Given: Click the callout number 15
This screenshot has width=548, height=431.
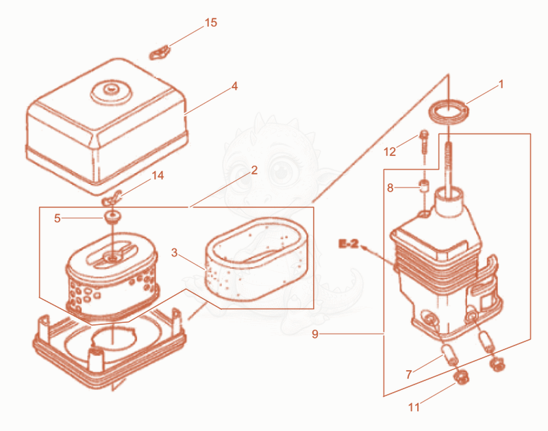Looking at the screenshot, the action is coord(211,23).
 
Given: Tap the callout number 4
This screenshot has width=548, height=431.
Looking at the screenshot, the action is coord(234,86).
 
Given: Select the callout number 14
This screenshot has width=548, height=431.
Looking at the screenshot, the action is coord(158,175).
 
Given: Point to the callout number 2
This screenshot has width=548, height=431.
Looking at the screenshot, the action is coord(254,170).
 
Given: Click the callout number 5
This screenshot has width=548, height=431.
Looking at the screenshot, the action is coord(58,218).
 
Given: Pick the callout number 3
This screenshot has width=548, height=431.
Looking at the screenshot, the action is coord(175,252).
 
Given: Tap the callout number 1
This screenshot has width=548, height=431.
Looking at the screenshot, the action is coord(501,84).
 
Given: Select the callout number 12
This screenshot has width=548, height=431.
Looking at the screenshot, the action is coord(390,152).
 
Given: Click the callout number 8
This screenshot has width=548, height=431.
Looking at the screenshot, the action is coord(390,188).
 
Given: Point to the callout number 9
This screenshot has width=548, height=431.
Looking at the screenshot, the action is coord(315,335).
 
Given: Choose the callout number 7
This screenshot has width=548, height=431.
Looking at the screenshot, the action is coord(409,374).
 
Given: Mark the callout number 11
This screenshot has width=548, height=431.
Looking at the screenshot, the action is coord(414,407).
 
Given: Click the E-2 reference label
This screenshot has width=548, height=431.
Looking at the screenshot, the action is coord(349,244).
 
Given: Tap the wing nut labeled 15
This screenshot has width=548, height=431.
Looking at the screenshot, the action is coord(160,53).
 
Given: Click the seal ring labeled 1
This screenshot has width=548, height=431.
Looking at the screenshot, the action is coord(449,111).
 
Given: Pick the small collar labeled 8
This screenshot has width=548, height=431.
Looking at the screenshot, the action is coord(424,185).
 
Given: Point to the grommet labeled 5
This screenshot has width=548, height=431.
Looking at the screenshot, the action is coord(112,217).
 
